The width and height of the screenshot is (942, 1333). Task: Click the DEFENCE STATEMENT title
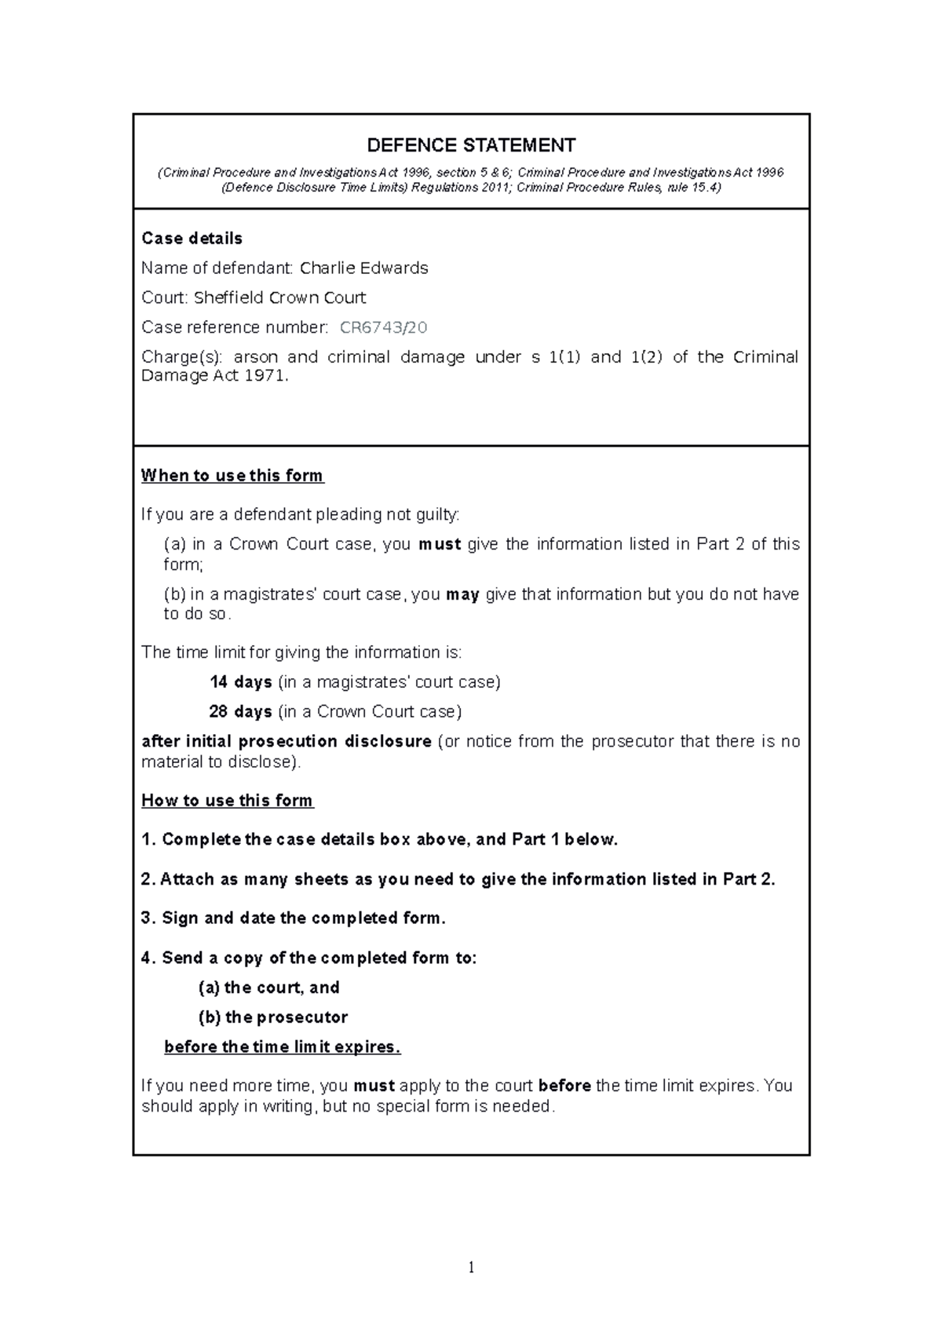click(471, 145)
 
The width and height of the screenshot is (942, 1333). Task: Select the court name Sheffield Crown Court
click(279, 298)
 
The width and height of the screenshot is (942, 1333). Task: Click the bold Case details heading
click(192, 238)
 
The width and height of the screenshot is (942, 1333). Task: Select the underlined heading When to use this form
click(232, 476)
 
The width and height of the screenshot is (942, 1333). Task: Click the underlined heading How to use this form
click(227, 801)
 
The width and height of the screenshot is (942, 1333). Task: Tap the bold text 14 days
click(240, 682)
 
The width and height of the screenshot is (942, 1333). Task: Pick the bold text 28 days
click(240, 712)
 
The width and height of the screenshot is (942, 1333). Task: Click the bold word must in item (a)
click(440, 545)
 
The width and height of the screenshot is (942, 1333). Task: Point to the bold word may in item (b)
click(462, 595)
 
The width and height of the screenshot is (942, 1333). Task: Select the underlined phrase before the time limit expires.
click(282, 1047)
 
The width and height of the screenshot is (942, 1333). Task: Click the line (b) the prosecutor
click(272, 1017)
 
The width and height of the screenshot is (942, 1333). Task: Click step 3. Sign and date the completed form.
click(293, 918)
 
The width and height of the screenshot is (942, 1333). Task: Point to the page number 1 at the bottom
click(470, 1267)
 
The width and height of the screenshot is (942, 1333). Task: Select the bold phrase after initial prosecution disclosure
click(286, 742)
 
